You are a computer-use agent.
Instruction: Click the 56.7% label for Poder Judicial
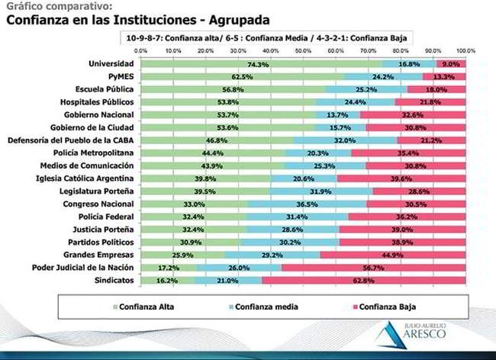coord(395,268)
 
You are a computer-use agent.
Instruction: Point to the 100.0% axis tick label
coord(465,50)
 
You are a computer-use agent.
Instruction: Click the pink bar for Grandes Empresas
coord(393,256)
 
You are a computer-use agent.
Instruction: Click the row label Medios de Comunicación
coord(92,166)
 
